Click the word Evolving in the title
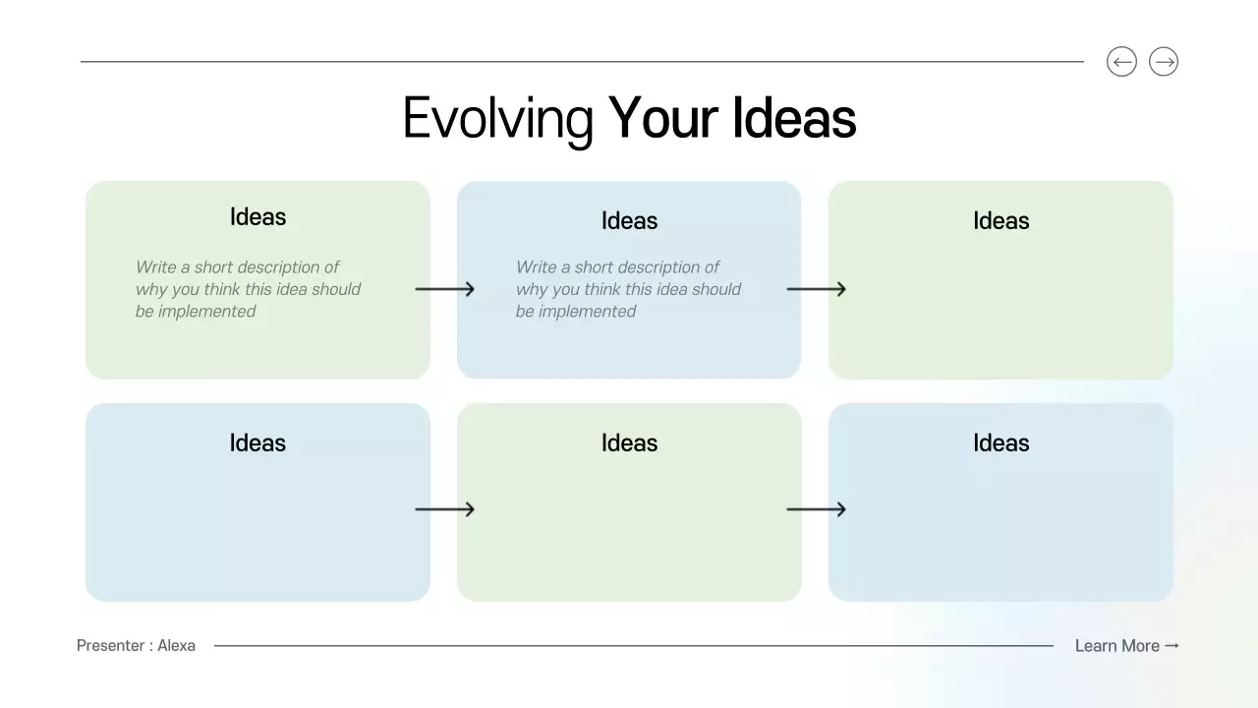pos(497,119)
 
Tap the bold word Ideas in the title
pos(794,118)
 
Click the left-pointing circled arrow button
pos(1121,62)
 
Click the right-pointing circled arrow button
pos(1164,62)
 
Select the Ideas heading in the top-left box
pos(257,216)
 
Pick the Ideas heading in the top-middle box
pos(629,221)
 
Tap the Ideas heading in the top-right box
pos(1001,221)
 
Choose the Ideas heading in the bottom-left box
pos(257,442)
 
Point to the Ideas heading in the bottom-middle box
pos(629,442)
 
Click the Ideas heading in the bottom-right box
pos(1001,442)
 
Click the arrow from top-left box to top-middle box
pos(444,289)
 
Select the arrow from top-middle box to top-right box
pos(816,289)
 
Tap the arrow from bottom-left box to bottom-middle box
pos(444,509)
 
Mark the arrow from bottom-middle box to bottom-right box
pos(816,509)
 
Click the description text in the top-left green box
pos(248,289)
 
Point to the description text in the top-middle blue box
pos(628,289)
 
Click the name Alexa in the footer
pos(177,646)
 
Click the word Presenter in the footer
pos(111,646)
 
